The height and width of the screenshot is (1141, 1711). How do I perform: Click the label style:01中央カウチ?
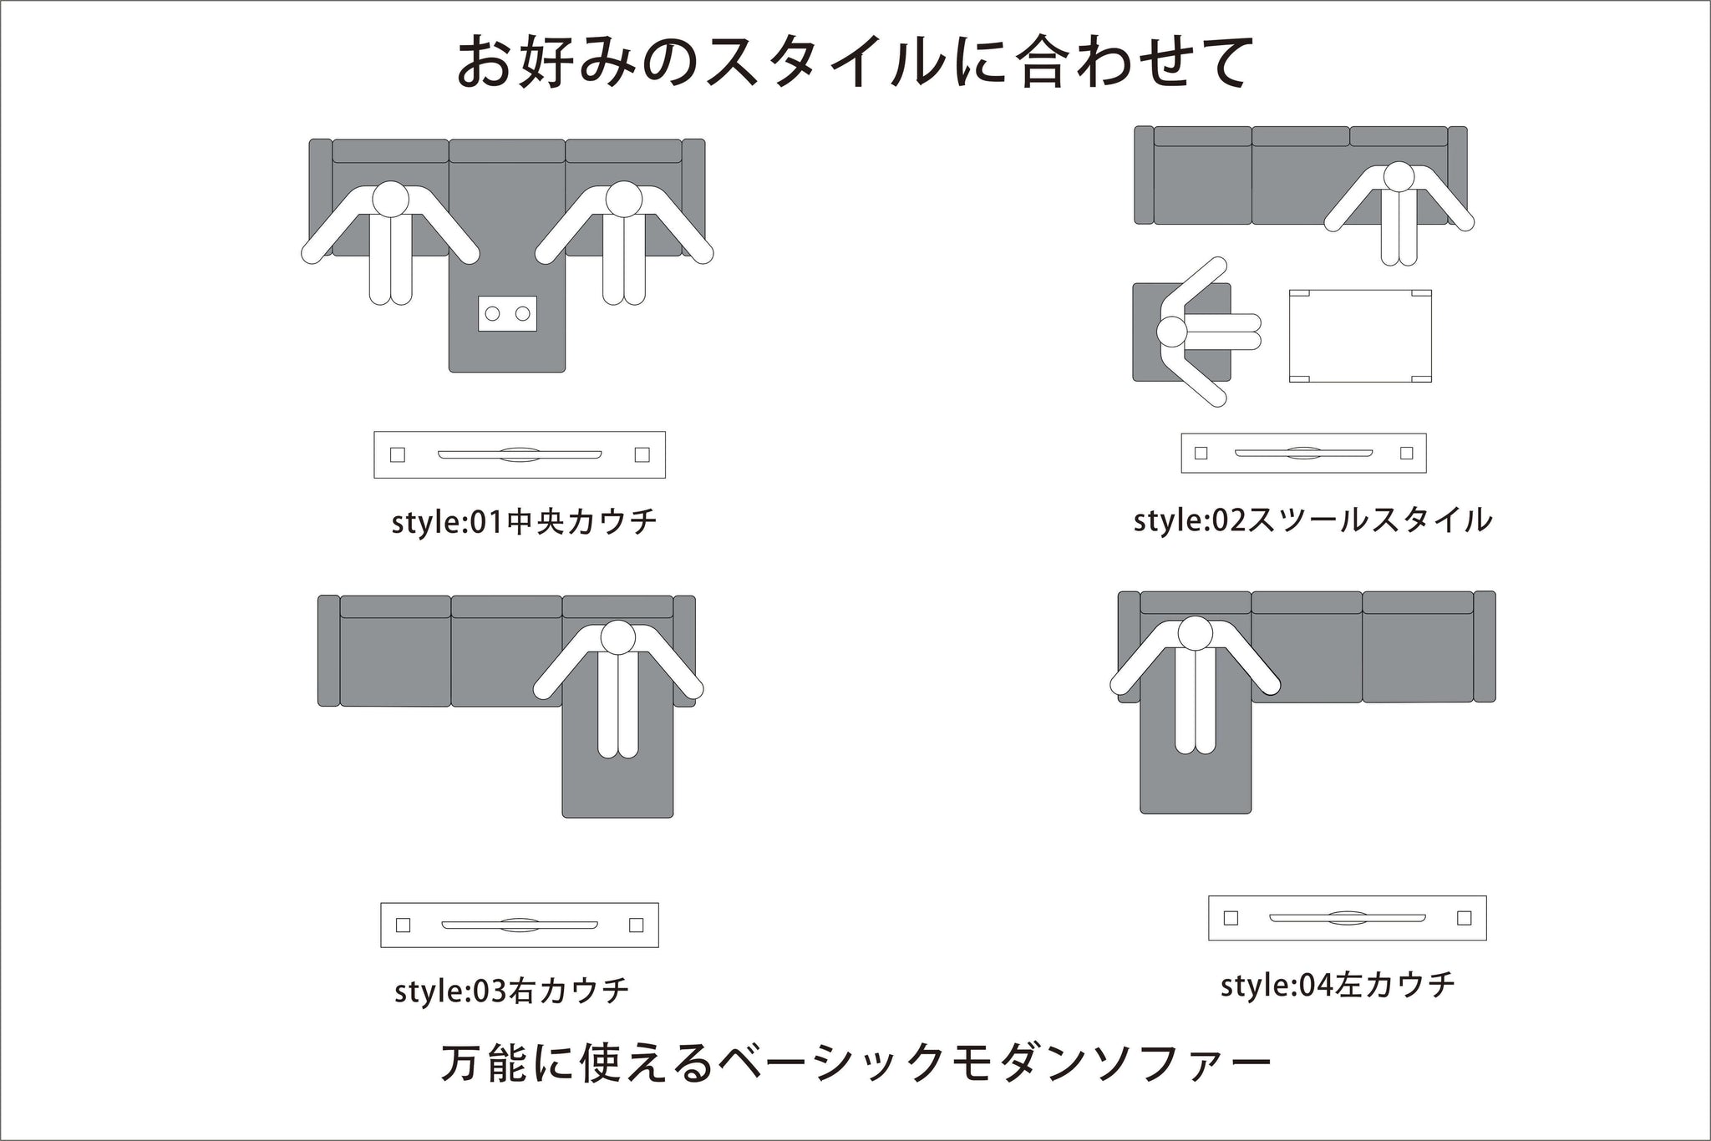(x=525, y=522)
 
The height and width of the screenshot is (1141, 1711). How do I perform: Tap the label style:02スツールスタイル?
(x=1312, y=520)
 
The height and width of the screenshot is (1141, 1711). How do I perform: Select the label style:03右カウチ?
(x=511, y=991)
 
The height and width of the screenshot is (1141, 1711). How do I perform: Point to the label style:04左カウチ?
(x=1338, y=985)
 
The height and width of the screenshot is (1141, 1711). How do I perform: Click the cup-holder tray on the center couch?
(x=507, y=313)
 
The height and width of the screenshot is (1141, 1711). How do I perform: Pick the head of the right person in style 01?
(x=623, y=200)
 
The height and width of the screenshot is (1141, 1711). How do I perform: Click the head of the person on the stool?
(x=1173, y=332)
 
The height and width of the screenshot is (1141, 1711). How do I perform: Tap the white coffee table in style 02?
(x=1360, y=336)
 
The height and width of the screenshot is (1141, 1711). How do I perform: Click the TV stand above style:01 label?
(x=520, y=454)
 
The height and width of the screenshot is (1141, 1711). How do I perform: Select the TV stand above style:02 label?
(x=1303, y=454)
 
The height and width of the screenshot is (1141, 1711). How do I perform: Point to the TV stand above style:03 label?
(x=520, y=925)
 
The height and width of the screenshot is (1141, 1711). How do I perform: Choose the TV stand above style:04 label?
(x=1348, y=918)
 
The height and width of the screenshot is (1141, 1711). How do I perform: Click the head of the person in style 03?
(x=619, y=639)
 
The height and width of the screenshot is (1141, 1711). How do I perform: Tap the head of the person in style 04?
(x=1196, y=634)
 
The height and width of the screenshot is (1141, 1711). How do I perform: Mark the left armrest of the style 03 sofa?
(x=329, y=651)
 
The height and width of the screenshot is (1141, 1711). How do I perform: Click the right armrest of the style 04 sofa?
(x=1485, y=647)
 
